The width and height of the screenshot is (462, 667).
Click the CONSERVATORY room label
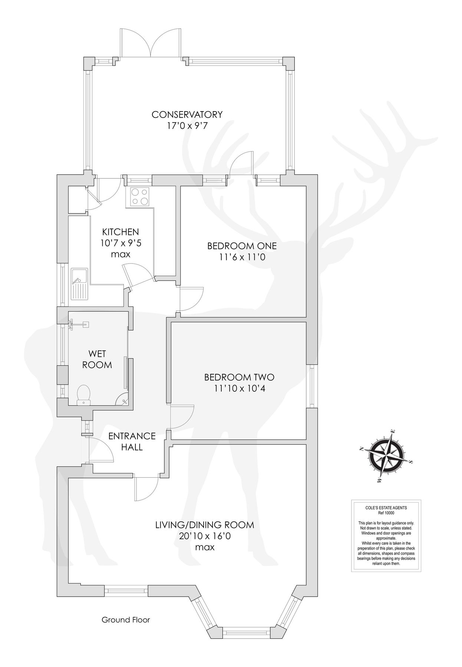(x=187, y=115)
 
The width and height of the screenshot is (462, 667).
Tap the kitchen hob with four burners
(x=139, y=196)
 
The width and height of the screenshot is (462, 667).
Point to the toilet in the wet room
(x=84, y=395)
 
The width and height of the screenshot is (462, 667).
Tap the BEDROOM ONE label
(x=242, y=246)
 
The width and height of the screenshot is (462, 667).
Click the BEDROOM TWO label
(x=239, y=377)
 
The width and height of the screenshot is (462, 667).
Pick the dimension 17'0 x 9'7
(x=187, y=126)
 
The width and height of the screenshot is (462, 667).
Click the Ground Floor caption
(x=126, y=620)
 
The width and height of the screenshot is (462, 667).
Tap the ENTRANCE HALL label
(x=132, y=441)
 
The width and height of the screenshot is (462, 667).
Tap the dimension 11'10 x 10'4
(x=239, y=388)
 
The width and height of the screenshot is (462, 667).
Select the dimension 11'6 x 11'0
(x=242, y=257)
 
